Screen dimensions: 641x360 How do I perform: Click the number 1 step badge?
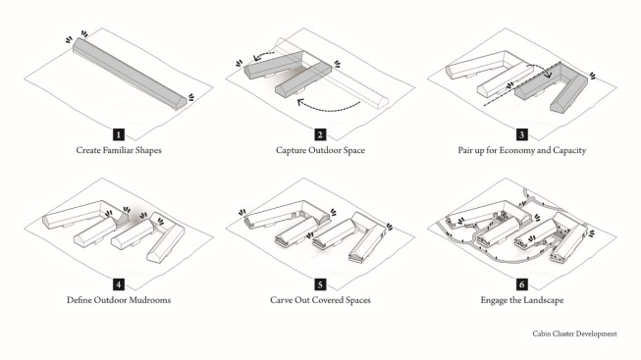tap(119, 134)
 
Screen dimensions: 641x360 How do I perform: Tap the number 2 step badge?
tap(320, 134)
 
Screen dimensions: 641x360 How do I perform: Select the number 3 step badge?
tap(521, 134)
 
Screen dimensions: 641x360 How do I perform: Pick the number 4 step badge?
tap(119, 284)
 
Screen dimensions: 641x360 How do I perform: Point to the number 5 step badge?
tap(320, 284)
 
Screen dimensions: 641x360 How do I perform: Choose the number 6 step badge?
tap(521, 284)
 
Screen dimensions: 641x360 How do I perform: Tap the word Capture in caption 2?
tap(291, 151)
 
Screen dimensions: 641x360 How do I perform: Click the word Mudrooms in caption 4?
tap(152, 300)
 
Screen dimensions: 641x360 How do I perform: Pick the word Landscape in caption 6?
tap(543, 301)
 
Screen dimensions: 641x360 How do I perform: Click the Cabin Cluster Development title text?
tap(574, 334)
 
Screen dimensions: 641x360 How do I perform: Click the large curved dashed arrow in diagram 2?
tap(328, 107)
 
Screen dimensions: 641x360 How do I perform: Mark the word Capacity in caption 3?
tap(569, 151)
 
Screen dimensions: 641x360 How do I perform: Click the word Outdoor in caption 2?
tap(325, 150)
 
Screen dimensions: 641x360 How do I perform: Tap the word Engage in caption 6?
tap(494, 301)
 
